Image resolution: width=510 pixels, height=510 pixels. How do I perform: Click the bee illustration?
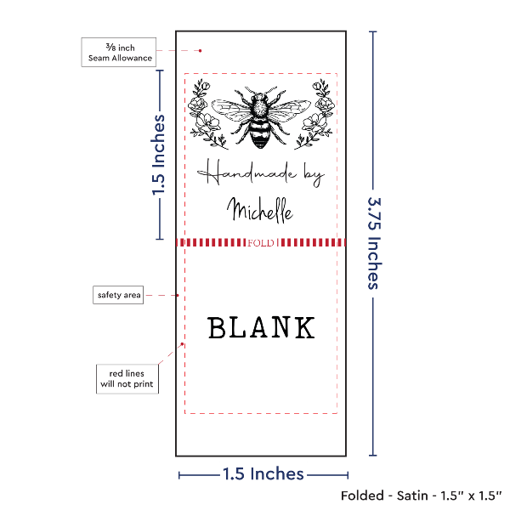coord(261,117)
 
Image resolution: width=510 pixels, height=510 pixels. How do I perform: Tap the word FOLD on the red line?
coord(261,243)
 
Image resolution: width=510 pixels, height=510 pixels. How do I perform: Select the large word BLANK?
coord(261,327)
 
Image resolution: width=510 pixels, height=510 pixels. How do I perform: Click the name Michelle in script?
coord(260,211)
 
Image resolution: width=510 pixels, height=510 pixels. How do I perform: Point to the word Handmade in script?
coord(247,173)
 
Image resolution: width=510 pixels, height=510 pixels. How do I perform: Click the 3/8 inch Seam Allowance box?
coord(119,53)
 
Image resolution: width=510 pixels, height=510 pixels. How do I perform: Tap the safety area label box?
coord(118,295)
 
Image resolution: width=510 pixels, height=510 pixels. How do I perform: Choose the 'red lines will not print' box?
coord(127,379)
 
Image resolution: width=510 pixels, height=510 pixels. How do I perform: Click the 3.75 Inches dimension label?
coord(374,243)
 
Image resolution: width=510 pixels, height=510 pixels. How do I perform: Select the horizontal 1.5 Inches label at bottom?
coord(263,474)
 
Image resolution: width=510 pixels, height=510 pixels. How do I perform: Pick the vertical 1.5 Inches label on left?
coord(158,155)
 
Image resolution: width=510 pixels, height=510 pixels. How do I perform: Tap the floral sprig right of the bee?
coord(314,114)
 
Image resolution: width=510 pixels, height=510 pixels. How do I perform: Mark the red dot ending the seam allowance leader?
coord(200,51)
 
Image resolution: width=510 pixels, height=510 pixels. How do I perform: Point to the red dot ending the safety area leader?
coord(178,295)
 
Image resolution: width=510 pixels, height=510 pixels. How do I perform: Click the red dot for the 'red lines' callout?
coord(182,344)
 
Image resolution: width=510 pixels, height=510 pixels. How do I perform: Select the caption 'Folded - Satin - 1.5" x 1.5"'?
coord(422,496)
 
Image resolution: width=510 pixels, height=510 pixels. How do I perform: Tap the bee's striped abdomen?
coord(260,133)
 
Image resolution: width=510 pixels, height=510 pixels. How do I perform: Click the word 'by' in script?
coord(314,177)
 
